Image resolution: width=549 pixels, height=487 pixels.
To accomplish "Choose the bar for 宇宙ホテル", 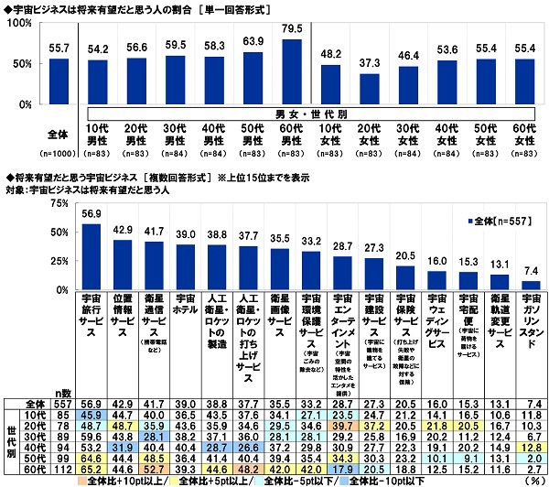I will tap(184, 266).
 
